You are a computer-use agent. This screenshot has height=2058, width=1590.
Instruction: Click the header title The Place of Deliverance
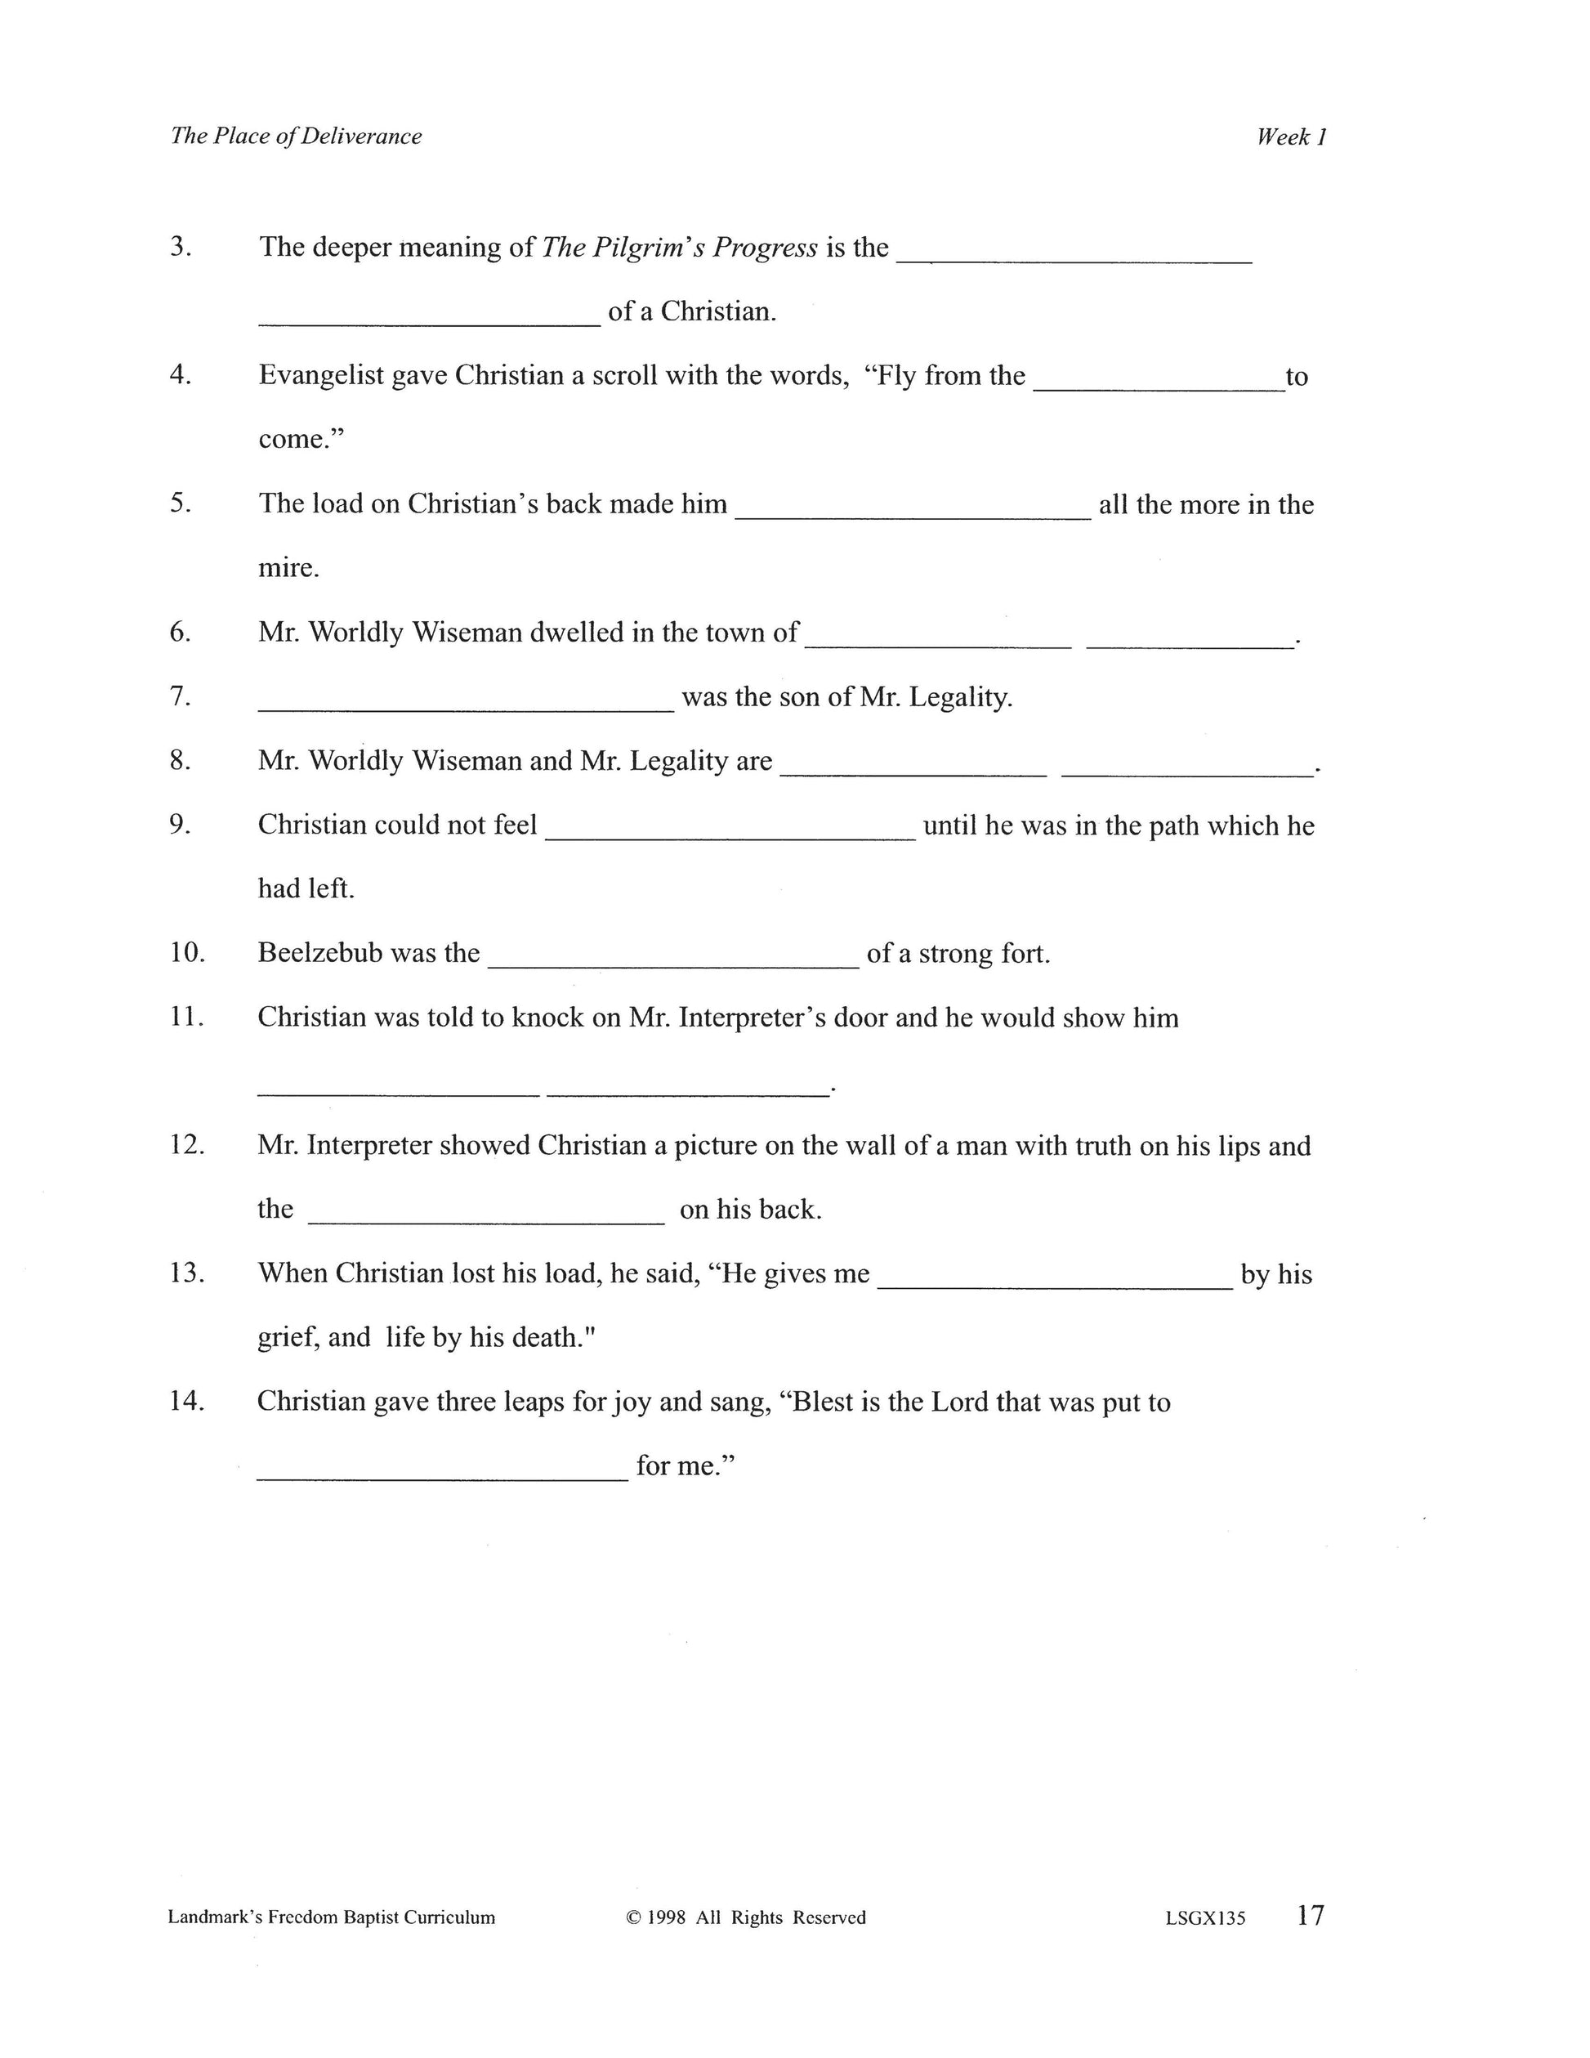point(296,136)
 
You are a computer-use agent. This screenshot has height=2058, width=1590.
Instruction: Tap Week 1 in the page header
point(1292,137)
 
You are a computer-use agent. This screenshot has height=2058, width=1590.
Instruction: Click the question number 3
point(180,247)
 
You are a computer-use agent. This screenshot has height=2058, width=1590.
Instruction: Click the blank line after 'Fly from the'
point(1159,387)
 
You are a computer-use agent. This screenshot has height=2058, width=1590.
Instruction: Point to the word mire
point(288,568)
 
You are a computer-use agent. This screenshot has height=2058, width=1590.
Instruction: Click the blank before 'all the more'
point(912,516)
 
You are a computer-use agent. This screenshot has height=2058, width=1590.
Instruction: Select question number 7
point(180,696)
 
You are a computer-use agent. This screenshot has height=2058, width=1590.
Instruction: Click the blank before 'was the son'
point(467,708)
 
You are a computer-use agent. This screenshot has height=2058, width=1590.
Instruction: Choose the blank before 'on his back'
point(486,1220)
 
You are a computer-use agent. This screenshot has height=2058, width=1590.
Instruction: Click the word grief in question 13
point(284,1338)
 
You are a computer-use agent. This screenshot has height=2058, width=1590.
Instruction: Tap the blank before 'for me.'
point(442,1478)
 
